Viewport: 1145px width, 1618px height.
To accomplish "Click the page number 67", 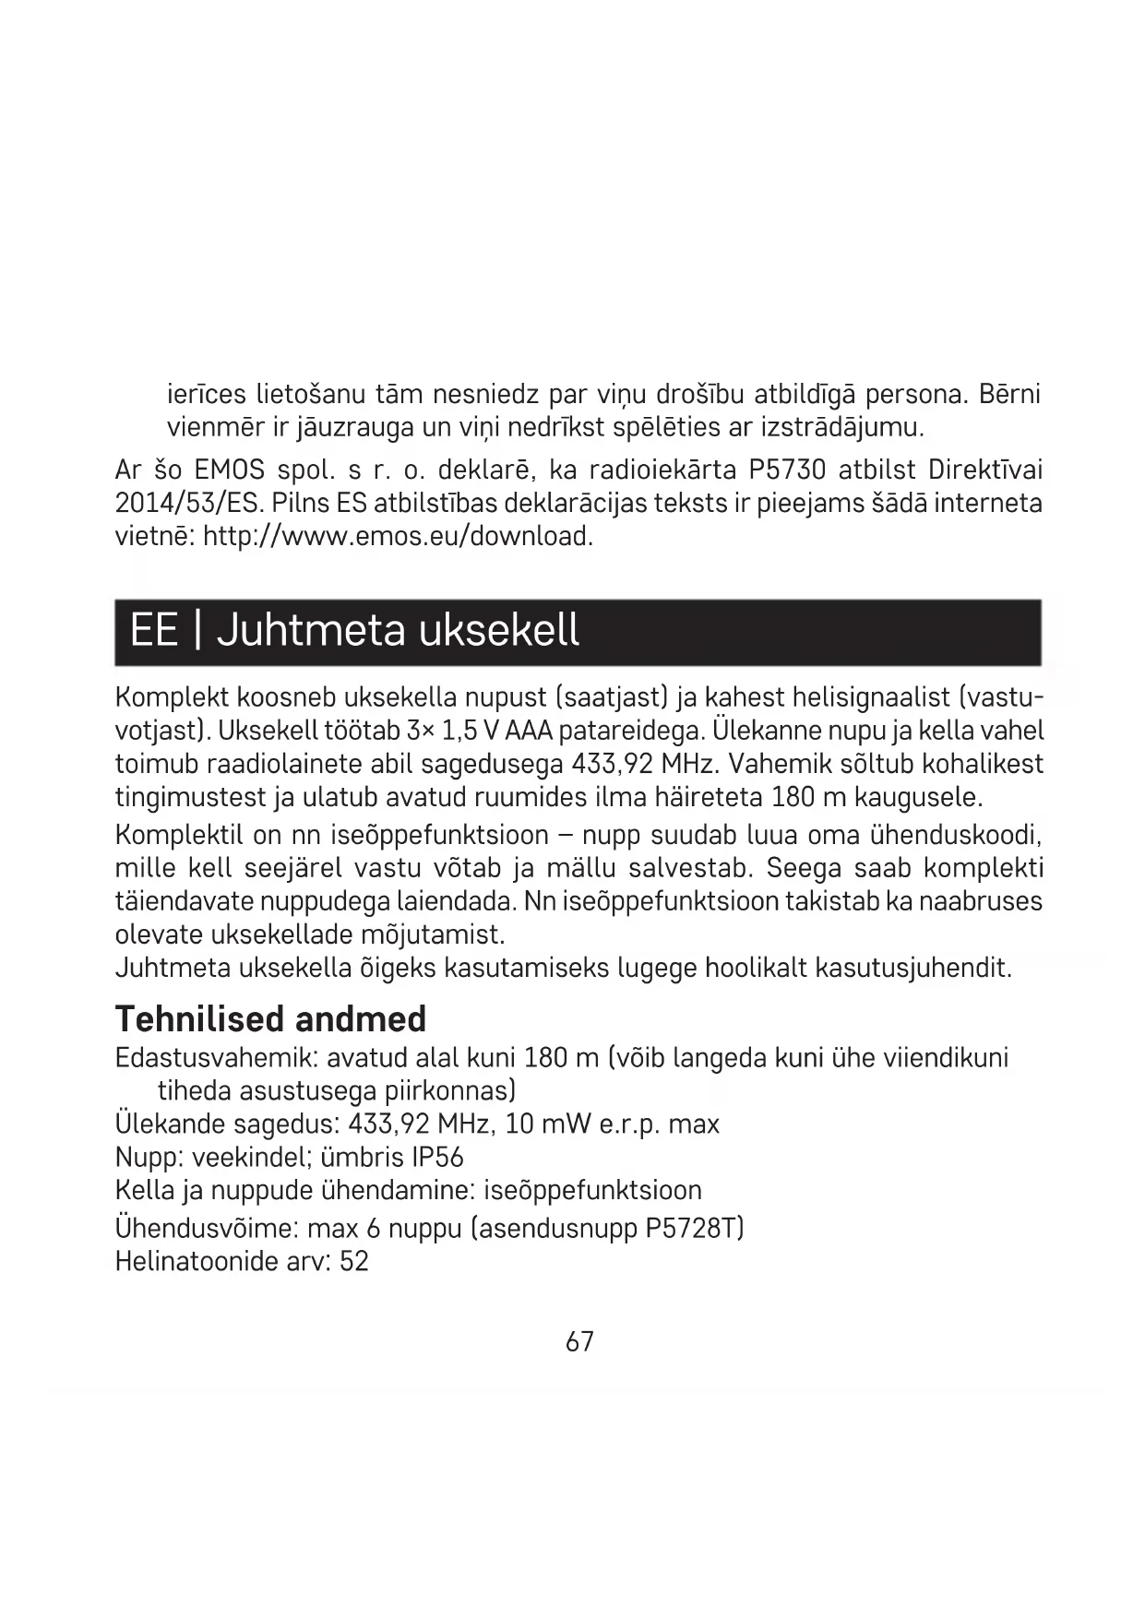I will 579,1341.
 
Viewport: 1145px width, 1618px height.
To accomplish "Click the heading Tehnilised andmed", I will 270,1019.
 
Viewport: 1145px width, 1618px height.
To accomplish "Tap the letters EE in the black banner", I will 153,631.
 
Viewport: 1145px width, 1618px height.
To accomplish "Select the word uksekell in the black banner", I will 499,631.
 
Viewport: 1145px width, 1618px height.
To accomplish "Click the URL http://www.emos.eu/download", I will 398,536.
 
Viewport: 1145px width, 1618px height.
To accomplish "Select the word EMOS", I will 230,470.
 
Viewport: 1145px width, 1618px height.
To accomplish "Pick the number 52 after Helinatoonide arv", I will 354,1261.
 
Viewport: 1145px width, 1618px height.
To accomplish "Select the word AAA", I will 530,731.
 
